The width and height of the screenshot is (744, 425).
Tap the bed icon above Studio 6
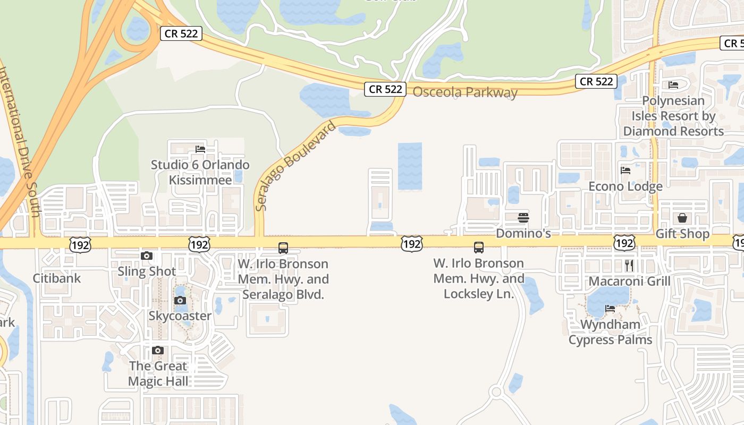(200, 149)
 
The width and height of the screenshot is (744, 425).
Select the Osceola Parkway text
(465, 92)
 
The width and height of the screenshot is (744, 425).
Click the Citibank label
(57, 278)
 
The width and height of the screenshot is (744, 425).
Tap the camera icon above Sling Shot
(147, 256)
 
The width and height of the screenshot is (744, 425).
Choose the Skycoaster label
(180, 316)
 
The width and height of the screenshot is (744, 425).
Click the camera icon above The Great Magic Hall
(158, 351)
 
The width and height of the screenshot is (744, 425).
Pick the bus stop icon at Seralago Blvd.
(283, 248)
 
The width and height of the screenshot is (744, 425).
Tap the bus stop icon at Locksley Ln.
(479, 247)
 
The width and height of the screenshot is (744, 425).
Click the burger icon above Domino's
(523, 217)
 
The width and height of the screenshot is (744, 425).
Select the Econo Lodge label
(625, 186)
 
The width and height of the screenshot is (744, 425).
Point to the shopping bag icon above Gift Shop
(682, 218)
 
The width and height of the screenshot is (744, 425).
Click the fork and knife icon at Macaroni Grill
(629, 265)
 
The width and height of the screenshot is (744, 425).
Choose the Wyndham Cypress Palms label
(610, 331)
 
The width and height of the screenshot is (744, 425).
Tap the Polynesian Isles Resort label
(673, 116)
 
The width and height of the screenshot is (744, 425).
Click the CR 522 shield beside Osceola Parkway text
(385, 89)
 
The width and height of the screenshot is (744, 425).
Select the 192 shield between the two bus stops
(412, 244)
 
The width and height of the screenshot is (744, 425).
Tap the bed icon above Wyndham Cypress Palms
(610, 309)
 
